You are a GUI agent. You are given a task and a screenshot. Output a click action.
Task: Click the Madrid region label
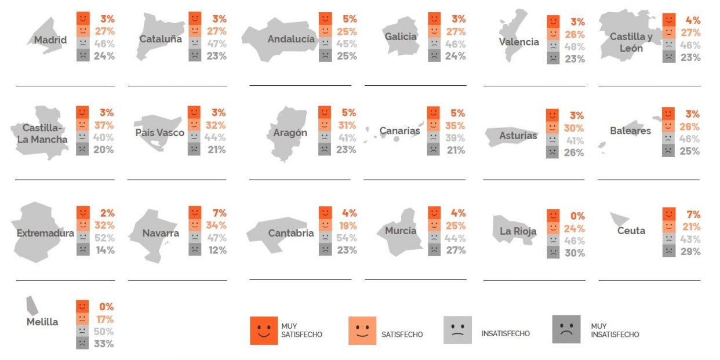(x=50, y=41)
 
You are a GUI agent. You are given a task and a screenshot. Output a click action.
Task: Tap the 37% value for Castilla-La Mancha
(x=104, y=125)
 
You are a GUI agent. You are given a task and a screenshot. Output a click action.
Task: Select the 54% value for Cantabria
(x=347, y=238)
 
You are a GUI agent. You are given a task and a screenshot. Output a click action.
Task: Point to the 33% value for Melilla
(x=104, y=344)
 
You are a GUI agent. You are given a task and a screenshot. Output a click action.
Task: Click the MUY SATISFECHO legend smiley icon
(x=263, y=330)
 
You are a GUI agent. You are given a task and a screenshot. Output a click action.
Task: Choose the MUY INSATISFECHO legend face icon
(x=566, y=329)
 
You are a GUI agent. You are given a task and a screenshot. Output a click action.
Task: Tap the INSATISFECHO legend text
(x=506, y=333)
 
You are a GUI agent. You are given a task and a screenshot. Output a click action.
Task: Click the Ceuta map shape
(x=619, y=219)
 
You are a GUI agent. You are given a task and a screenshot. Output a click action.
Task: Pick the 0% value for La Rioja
(x=577, y=216)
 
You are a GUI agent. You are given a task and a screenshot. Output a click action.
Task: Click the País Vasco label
(x=159, y=133)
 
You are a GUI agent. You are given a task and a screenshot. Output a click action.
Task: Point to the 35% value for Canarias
(x=456, y=125)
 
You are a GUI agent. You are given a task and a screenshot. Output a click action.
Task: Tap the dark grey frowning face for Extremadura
(x=83, y=250)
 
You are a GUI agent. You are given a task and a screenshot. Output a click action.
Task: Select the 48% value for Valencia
(x=574, y=46)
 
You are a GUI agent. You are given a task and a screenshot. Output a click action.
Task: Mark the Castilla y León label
(x=631, y=42)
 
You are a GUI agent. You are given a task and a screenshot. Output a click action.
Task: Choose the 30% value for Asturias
(x=574, y=128)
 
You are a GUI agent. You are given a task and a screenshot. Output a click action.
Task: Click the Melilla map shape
(x=32, y=306)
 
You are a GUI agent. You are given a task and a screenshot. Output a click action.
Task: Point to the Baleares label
(x=630, y=131)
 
